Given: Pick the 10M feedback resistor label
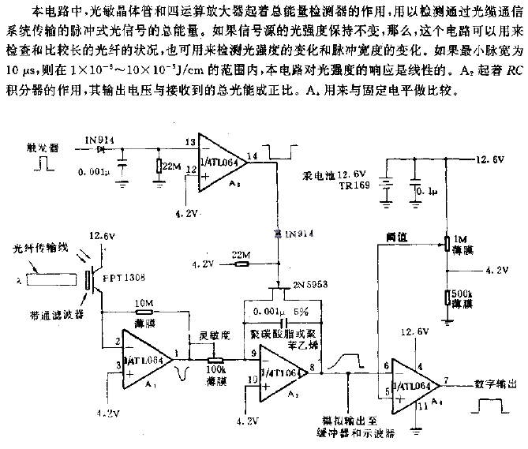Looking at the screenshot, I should point(144,302).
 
